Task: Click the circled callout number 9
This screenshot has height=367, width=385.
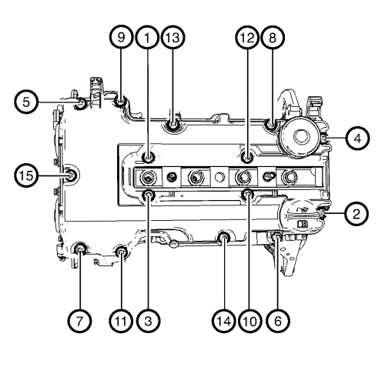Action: [121, 38]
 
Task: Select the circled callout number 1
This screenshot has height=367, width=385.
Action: [147, 38]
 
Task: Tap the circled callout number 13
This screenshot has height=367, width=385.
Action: [173, 38]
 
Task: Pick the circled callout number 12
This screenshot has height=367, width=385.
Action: [247, 38]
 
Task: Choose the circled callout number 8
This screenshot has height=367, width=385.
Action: [273, 38]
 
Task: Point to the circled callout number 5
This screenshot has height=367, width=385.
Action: [26, 102]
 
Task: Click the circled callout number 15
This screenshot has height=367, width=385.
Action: [26, 175]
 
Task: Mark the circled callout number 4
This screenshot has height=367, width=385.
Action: [357, 138]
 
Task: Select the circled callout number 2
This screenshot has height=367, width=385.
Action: [357, 214]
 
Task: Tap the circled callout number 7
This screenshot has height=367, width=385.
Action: [79, 321]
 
